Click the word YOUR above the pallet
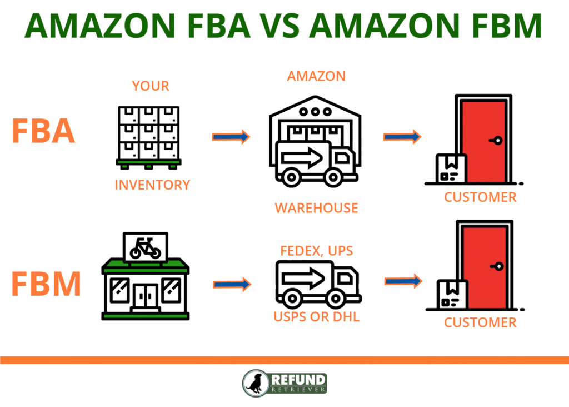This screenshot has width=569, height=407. click(x=150, y=86)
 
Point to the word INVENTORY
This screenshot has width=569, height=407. click(x=152, y=185)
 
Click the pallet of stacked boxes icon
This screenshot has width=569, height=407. click(x=149, y=137)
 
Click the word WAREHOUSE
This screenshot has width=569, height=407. click(x=316, y=208)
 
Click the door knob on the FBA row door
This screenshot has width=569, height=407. click(x=498, y=141)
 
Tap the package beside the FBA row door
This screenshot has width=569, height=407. click(x=451, y=168)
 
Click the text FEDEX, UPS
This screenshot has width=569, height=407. click(x=317, y=251)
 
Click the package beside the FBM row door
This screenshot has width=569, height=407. click(x=452, y=295)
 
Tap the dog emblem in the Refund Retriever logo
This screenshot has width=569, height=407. click(x=256, y=383)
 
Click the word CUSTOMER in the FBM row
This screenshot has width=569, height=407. click(x=480, y=322)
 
